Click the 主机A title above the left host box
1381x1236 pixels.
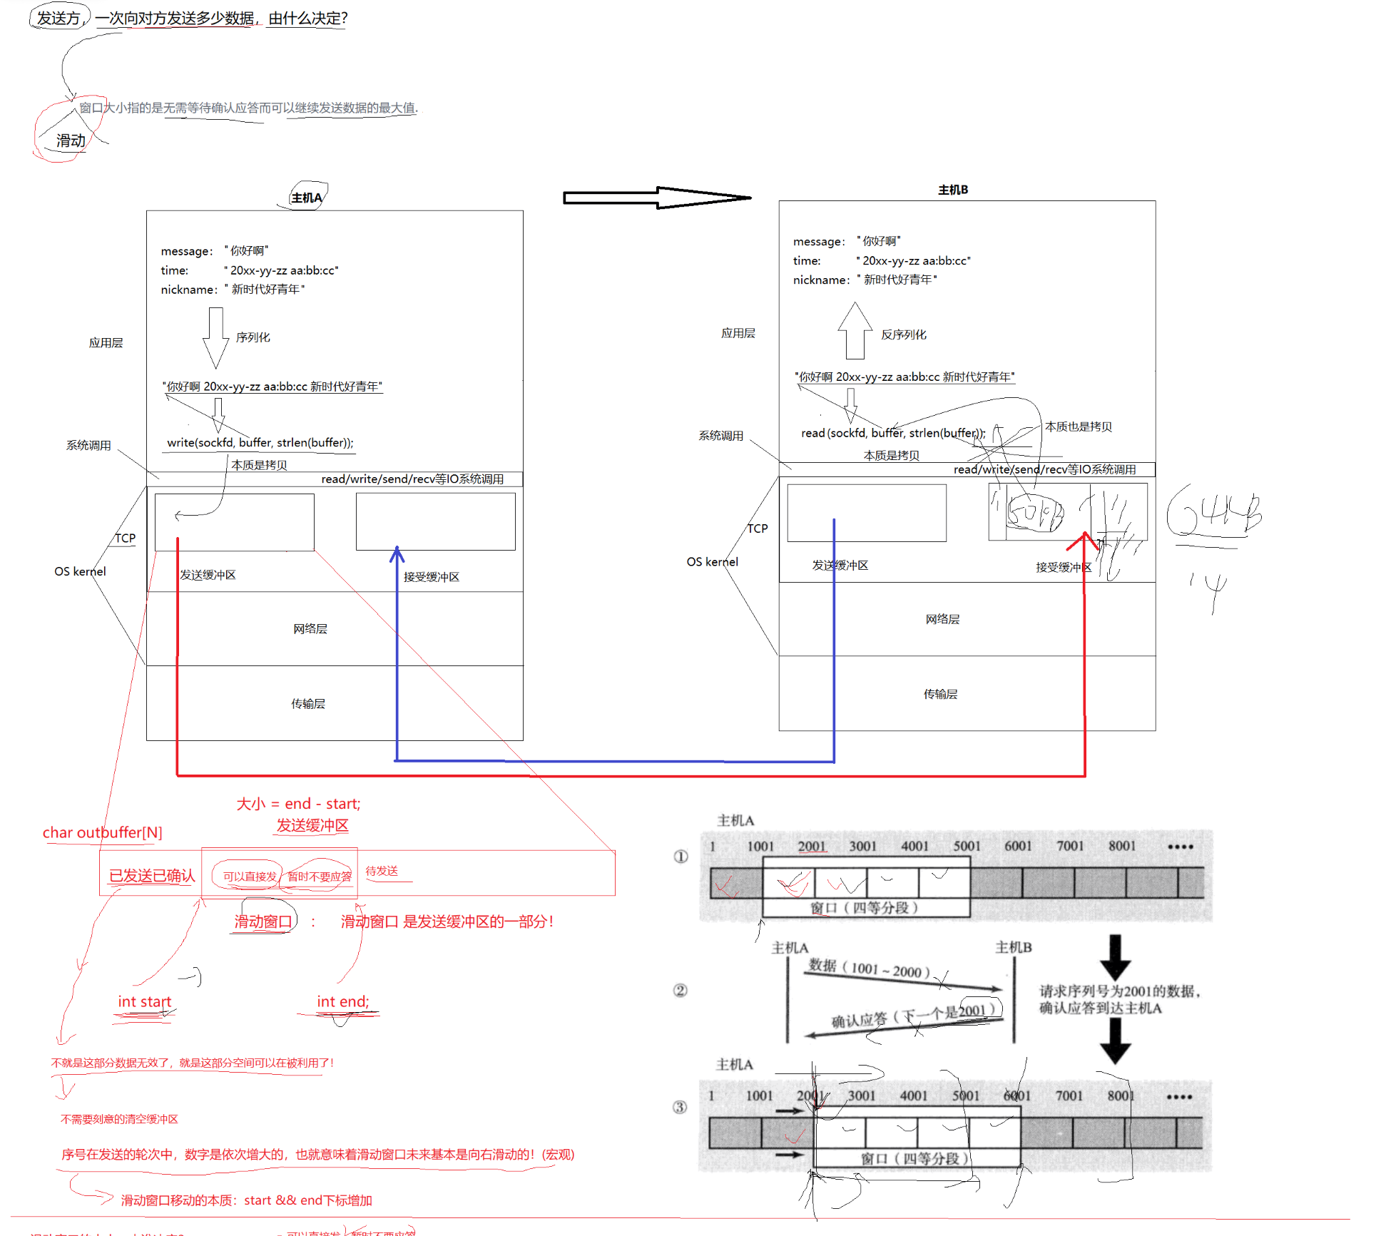pos(307,198)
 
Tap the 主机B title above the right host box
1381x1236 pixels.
pos(952,190)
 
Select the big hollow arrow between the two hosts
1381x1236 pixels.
pos(656,198)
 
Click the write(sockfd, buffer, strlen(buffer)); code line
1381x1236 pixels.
pos(260,442)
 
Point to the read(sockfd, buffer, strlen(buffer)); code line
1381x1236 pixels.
pos(892,433)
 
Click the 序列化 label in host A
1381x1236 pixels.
pos(253,337)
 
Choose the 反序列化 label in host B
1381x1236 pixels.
pos(903,334)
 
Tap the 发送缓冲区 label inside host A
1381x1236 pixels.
pos(208,575)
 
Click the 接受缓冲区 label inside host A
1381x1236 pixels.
pos(431,577)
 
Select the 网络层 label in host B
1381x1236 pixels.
pos(942,619)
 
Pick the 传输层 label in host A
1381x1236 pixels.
pos(308,704)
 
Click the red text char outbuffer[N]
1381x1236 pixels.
pos(102,832)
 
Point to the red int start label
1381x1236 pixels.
pos(145,1002)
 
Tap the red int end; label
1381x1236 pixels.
pos(343,1002)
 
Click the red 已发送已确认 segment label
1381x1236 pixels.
pos(151,876)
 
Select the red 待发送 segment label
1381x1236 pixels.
pos(382,871)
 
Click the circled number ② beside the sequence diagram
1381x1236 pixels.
pos(681,991)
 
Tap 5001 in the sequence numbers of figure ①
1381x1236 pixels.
pos(967,846)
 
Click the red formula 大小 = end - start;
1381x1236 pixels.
pos(298,804)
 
